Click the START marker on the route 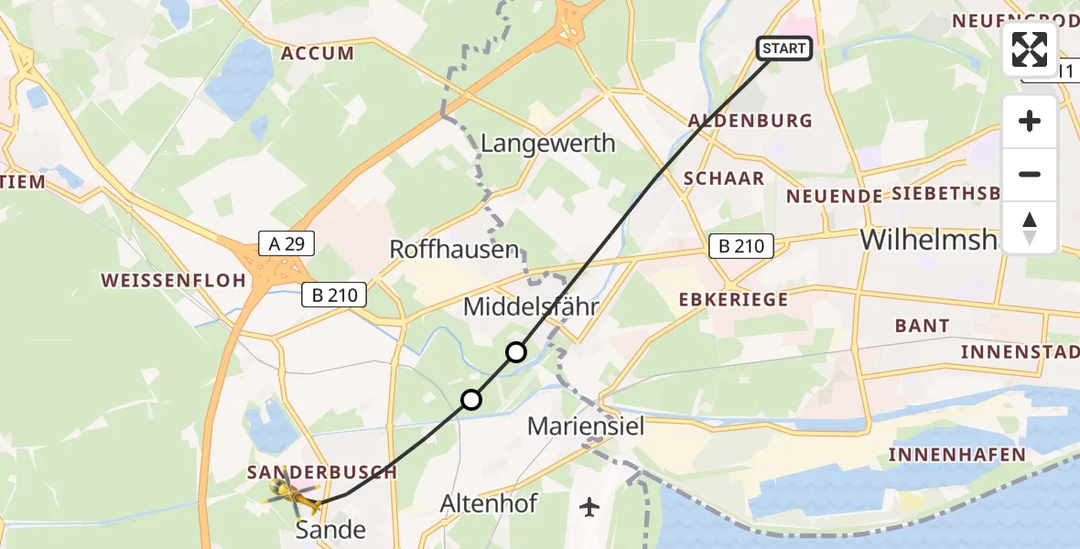point(784,48)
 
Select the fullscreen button point(1030,49)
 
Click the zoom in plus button point(1030,121)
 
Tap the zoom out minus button point(1030,174)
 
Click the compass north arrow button point(1030,227)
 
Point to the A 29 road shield point(287,243)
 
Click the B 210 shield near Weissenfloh point(335,295)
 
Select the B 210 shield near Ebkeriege point(741,245)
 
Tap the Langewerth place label point(547,144)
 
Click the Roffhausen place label point(454,249)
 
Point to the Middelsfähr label point(531,307)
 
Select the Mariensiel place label point(587,425)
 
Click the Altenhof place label point(489,503)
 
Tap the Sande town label point(331,529)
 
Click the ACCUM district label point(318,53)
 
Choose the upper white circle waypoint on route point(516,351)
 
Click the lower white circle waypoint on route point(470,399)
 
